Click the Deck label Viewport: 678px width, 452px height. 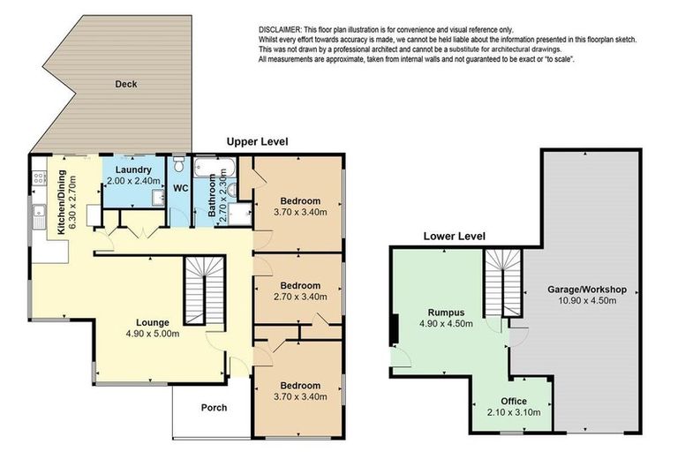pyautogui.click(x=125, y=85)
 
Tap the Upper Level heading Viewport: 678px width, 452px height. pyautogui.click(x=257, y=141)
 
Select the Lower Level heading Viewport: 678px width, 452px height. pyautogui.click(x=454, y=236)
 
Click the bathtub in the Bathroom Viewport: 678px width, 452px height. pyautogui.click(x=216, y=165)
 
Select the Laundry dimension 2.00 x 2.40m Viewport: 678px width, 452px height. pyautogui.click(x=132, y=181)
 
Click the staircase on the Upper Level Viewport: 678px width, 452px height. pyautogui.click(x=205, y=290)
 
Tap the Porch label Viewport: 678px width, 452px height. pyautogui.click(x=214, y=408)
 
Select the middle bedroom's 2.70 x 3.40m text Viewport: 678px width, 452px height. pyautogui.click(x=297, y=298)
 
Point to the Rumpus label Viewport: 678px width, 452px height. pyautogui.click(x=446, y=311)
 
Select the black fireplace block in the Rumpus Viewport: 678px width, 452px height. pyautogui.click(x=394, y=327)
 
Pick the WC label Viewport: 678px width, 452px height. pyautogui.click(x=180, y=188)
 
